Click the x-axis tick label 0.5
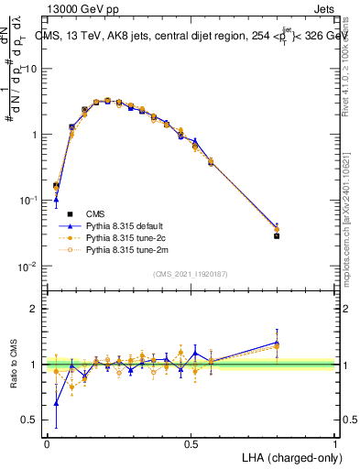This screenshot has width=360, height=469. click(x=191, y=443)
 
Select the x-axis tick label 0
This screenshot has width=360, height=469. click(x=47, y=443)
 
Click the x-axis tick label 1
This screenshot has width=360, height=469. click(x=335, y=443)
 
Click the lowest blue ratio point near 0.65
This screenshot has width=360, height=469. click(x=56, y=402)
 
